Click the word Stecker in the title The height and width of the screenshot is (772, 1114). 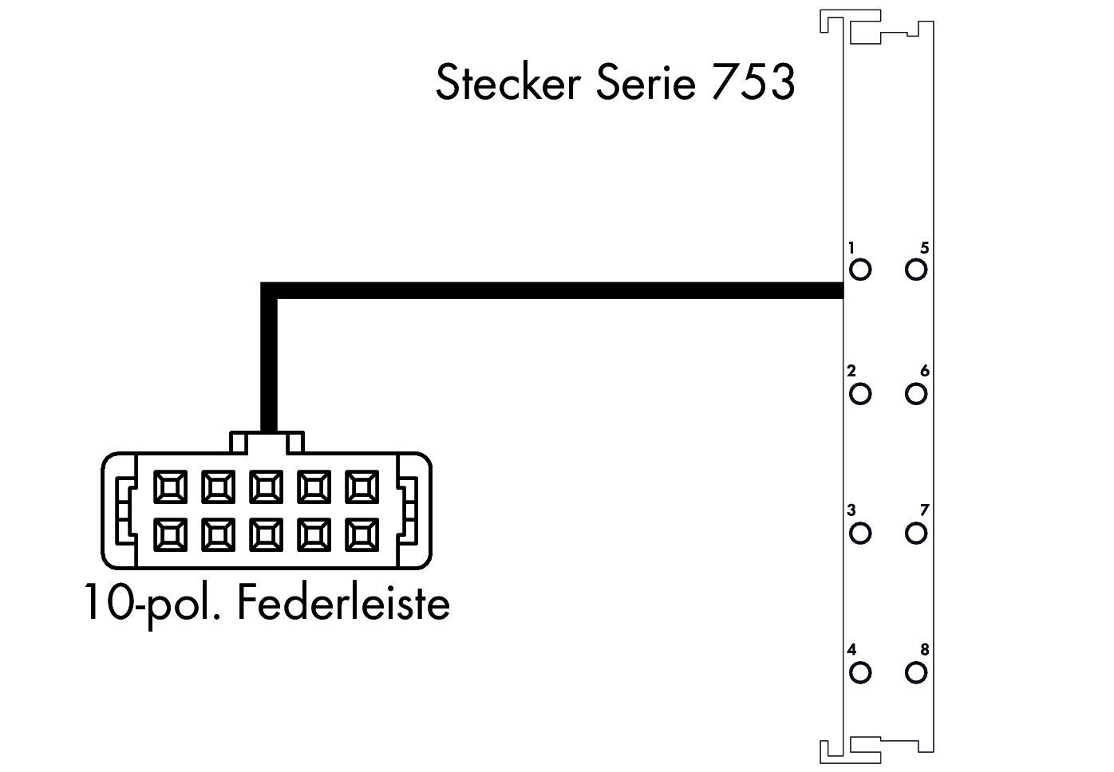coord(508,82)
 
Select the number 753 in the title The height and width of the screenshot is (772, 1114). coord(753,82)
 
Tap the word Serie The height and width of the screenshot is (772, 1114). coord(646,82)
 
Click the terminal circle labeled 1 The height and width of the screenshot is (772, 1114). coord(860,270)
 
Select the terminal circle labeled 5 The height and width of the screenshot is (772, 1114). coord(915,270)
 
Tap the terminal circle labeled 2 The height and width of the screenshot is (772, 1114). coord(860,394)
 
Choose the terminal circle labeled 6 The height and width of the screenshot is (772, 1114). coord(915,394)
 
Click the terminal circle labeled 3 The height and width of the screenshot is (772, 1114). coord(860,534)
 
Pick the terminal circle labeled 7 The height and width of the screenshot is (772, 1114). coord(915,534)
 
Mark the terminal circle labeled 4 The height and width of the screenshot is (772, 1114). coord(860,672)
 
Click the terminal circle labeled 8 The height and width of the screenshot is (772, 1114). coord(915,672)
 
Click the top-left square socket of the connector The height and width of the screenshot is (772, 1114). coord(171,486)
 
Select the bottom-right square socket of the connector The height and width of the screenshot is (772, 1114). coord(362,535)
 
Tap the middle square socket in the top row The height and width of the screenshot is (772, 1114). coord(266,486)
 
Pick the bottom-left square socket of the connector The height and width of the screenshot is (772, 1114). coord(171,535)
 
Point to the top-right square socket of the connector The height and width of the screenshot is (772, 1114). coord(362,486)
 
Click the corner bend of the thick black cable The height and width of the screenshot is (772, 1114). coord(269,290)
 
